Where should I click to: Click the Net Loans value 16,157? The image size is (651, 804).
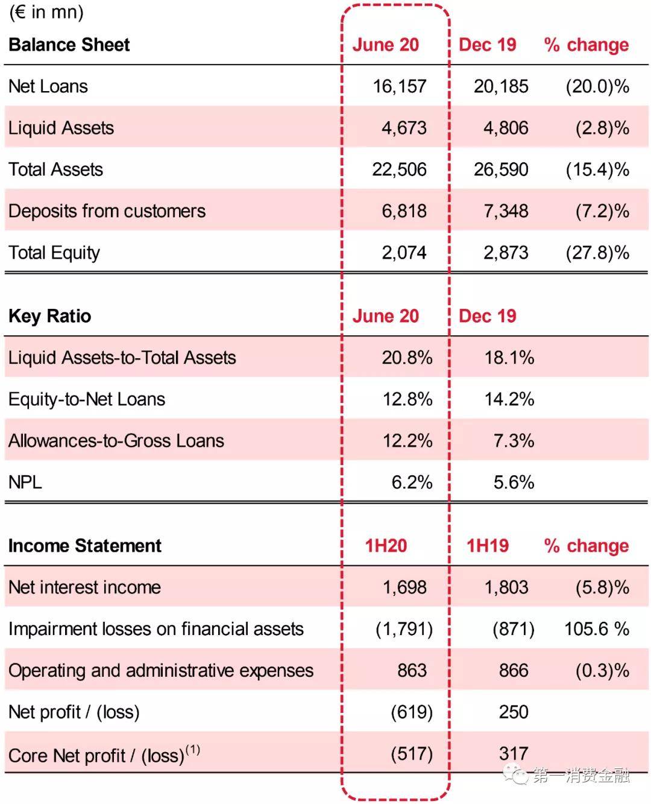click(399, 86)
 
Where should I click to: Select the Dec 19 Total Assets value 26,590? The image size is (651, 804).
click(501, 169)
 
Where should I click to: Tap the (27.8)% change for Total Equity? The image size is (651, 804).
click(597, 253)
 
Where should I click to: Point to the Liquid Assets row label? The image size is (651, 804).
click(61, 128)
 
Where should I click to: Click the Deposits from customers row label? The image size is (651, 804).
click(107, 211)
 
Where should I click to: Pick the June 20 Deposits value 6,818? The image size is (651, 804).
click(404, 211)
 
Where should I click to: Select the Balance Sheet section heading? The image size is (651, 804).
click(69, 45)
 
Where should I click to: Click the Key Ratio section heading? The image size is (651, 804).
click(50, 316)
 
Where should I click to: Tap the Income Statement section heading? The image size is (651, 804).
click(85, 546)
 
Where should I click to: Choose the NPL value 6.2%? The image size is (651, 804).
click(412, 483)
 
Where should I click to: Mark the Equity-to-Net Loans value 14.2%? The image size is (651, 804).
click(509, 399)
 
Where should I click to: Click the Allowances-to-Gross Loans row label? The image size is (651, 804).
click(116, 441)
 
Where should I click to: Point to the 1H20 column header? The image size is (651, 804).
click(386, 546)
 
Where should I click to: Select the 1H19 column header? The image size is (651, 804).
click(488, 546)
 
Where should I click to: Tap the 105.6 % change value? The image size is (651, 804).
click(596, 629)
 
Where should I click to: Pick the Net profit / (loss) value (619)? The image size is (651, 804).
click(412, 712)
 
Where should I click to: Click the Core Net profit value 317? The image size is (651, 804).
click(514, 753)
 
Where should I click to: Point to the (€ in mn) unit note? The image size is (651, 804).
click(46, 12)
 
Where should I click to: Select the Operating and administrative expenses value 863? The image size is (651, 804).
click(412, 671)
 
